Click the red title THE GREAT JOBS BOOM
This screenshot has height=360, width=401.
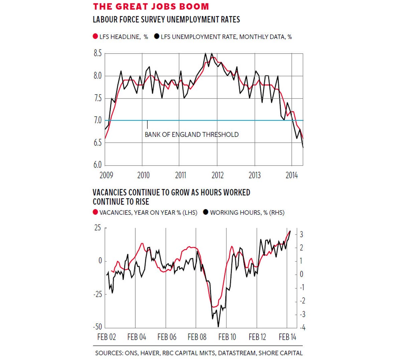(x=151, y=7)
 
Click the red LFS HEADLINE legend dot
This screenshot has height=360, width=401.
(x=95, y=36)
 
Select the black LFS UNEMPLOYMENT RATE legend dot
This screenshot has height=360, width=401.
(x=156, y=36)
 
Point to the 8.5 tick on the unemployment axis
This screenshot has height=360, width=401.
(x=98, y=53)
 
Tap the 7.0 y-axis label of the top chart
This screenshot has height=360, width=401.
(x=98, y=120)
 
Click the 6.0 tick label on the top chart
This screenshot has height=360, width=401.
(x=98, y=165)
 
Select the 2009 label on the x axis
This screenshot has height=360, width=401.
(x=106, y=175)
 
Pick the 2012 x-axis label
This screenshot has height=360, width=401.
(x=218, y=175)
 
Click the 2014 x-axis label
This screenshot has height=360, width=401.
(x=292, y=175)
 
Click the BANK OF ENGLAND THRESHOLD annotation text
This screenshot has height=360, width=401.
(x=191, y=134)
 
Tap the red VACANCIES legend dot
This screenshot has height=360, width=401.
(x=95, y=212)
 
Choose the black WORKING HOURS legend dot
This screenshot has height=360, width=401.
(x=206, y=212)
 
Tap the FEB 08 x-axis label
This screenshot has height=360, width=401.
(x=197, y=337)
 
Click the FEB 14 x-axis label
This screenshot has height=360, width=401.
(x=287, y=337)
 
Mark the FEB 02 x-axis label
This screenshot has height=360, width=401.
(x=106, y=337)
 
